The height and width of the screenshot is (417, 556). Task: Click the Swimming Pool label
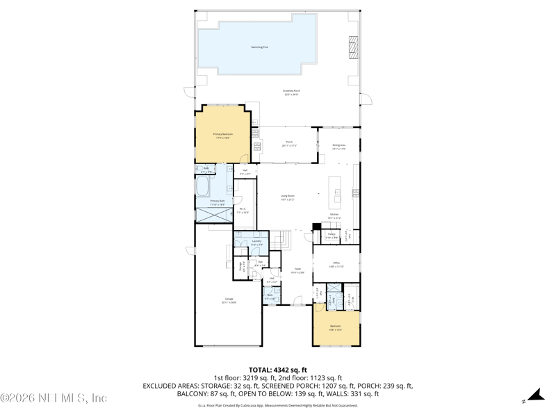[259, 47]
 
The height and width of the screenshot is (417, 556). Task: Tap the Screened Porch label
[291, 92]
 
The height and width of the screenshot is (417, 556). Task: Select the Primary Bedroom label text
[222, 136]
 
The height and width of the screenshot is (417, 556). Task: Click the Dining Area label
[338, 147]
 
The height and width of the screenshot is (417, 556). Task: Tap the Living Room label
[288, 197]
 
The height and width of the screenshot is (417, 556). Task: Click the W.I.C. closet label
[242, 211]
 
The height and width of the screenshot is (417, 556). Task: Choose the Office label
[336, 264]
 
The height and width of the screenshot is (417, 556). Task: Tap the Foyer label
[297, 270]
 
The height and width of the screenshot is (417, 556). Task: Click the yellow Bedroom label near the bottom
[336, 327]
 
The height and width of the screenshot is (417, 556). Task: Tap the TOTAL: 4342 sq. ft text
[278, 370]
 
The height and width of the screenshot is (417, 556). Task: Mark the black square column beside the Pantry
[316, 226]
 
